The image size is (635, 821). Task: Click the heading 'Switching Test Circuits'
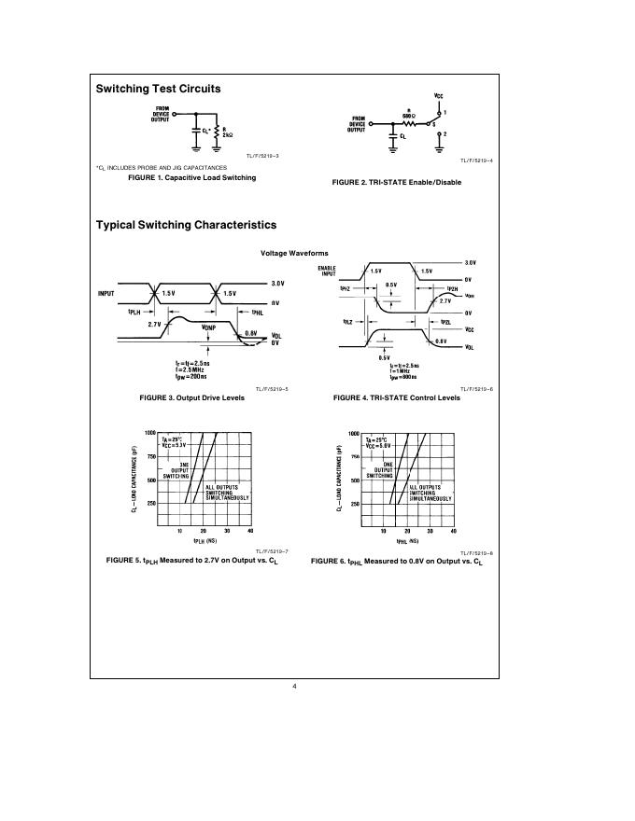[x=159, y=90]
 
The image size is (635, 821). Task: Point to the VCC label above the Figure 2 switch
[x=439, y=95]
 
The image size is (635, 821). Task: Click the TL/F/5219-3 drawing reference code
[x=262, y=156]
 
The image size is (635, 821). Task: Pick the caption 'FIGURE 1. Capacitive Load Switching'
[x=191, y=177]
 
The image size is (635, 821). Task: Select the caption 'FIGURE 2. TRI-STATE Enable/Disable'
[x=396, y=182]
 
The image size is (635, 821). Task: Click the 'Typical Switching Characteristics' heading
[x=186, y=225]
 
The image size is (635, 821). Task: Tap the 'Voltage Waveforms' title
[x=294, y=253]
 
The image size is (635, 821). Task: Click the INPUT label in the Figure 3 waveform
[x=106, y=294]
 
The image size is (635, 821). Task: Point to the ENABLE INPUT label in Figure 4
[x=327, y=271]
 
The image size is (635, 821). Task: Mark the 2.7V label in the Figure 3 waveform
[x=154, y=323]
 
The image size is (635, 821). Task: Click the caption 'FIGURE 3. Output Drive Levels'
[x=191, y=397]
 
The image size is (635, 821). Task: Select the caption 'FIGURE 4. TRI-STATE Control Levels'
[x=396, y=397]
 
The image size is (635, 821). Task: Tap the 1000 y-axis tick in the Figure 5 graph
[x=149, y=433]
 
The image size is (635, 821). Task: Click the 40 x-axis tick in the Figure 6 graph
[x=453, y=530]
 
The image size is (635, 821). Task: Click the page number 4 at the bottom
[x=294, y=688]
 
